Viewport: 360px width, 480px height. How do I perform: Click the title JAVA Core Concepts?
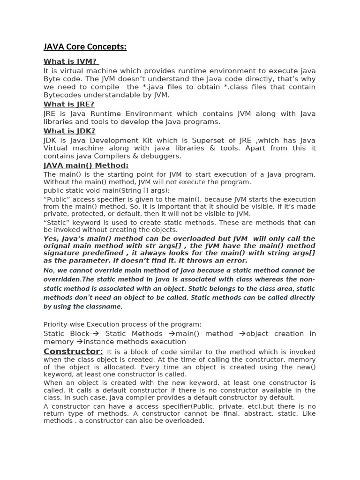[x=85, y=47]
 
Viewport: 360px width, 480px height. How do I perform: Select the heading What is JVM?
[x=70, y=61]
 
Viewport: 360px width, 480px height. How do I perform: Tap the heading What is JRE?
[x=69, y=104]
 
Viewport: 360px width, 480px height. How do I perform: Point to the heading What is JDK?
[x=69, y=131]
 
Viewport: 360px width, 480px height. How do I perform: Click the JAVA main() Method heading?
[x=86, y=165]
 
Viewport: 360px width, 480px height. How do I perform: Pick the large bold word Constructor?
[x=73, y=352]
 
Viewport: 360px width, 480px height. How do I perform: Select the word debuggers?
[x=162, y=156]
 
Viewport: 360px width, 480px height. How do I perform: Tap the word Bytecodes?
[x=63, y=95]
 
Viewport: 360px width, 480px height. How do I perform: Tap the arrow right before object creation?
[x=242, y=334]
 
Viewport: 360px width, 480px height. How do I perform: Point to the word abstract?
[x=233, y=414]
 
